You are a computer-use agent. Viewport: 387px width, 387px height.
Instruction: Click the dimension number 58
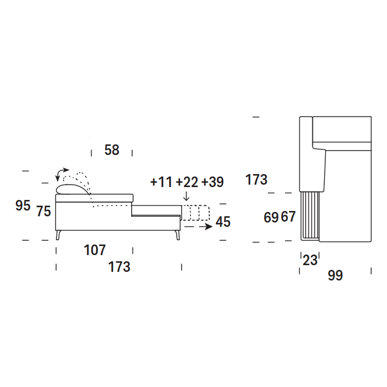[x=112, y=150]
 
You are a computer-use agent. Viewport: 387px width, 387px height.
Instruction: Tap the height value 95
[x=23, y=205]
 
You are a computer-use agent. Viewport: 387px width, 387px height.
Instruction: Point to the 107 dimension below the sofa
[x=94, y=250]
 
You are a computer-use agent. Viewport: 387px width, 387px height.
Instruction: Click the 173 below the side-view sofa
[x=119, y=267]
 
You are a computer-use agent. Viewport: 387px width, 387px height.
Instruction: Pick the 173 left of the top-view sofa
[x=256, y=180]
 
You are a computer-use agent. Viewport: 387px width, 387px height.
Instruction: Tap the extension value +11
[x=161, y=182]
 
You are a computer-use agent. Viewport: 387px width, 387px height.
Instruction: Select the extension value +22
[x=187, y=182]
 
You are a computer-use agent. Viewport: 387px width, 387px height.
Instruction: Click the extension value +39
[x=213, y=182]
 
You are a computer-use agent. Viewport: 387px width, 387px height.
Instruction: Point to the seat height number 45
[x=223, y=222]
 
